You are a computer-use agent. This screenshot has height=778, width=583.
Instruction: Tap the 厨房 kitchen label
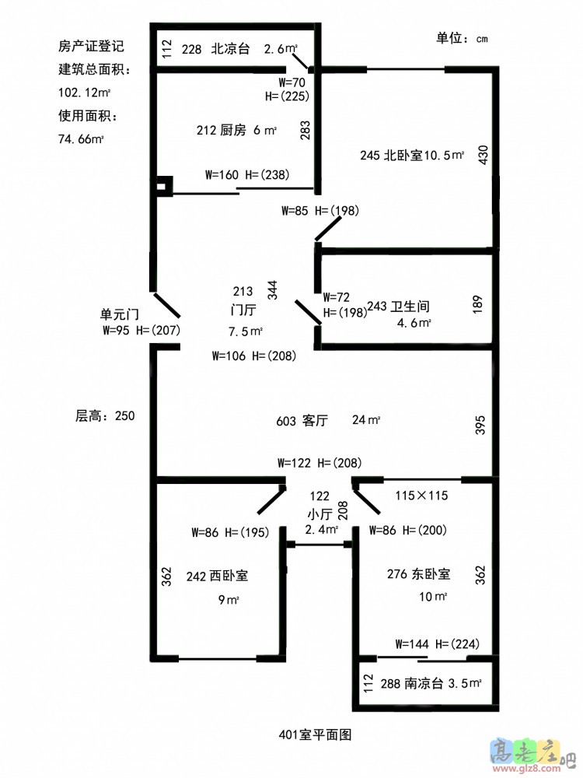coord(234,131)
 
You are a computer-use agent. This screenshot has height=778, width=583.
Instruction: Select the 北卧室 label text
coord(402,155)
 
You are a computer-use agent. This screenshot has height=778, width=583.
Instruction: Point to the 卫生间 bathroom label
coord(410,307)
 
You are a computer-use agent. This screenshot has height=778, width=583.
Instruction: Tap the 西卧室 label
coord(229,576)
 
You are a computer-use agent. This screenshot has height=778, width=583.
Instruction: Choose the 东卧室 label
coord(430,575)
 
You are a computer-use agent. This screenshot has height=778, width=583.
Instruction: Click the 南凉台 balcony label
coord(424,684)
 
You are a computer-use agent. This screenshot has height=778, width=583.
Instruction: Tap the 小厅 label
coord(319,513)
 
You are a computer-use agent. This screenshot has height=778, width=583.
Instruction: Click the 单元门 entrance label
coord(119,314)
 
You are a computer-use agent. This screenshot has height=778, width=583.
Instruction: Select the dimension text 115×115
coord(421,495)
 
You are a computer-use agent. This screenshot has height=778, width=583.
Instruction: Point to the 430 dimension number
coord(483,155)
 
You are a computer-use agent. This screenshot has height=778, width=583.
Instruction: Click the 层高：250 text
coord(99,416)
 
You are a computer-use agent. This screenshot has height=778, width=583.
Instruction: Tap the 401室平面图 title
coord(316,734)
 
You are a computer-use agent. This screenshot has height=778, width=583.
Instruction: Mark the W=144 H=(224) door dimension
coord(438,643)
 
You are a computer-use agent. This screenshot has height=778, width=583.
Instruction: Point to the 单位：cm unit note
coord(462,38)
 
